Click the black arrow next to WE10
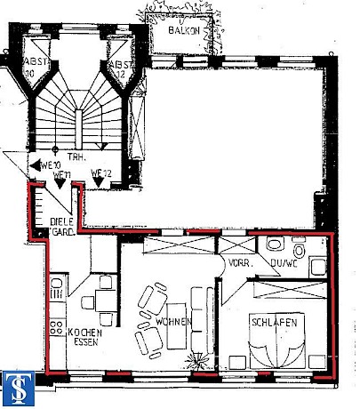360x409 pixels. tap(35, 165)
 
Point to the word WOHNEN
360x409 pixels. tap(171, 321)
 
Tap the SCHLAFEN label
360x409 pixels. tap(275, 321)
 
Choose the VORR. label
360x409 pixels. tap(238, 264)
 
